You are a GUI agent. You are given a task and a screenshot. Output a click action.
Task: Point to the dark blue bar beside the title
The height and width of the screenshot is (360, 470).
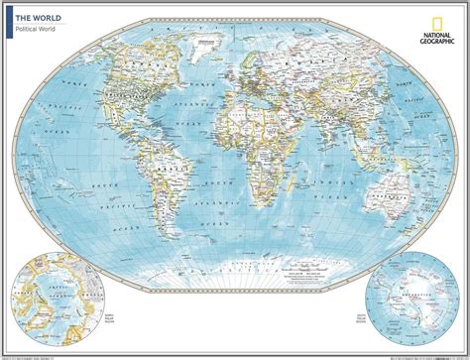(x=9, y=22)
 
